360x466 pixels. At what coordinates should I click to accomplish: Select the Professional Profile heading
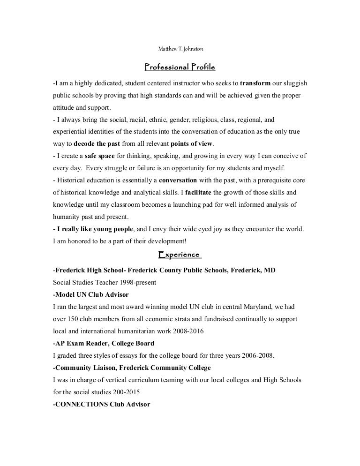[x=180, y=67]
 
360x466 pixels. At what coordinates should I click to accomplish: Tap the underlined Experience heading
[x=180, y=254]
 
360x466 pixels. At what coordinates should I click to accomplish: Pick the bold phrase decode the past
[x=97, y=143]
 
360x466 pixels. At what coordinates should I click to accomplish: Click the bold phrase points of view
[x=192, y=143]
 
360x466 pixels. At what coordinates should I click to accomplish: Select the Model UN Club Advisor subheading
[x=91, y=294]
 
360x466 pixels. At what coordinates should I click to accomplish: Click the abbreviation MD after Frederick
[x=270, y=270]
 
